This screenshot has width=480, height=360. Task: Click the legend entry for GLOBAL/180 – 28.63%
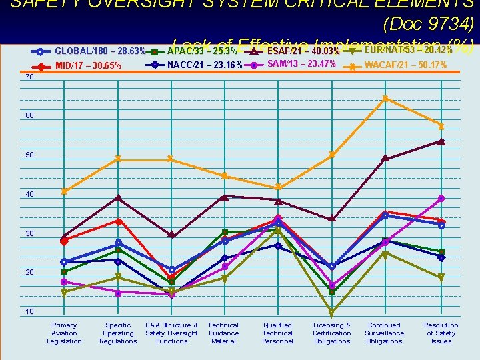point(100,51)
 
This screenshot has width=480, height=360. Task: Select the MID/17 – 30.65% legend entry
point(88,66)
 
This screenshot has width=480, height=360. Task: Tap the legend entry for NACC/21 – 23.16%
point(205,65)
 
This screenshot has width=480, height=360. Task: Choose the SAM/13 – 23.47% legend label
point(301,65)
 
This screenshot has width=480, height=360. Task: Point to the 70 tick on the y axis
point(29,77)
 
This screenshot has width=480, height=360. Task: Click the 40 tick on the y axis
point(29,195)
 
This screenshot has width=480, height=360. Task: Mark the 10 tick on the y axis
point(29,312)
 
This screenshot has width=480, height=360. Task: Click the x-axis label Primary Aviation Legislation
point(64,333)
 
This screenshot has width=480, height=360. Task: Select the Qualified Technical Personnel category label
point(277,333)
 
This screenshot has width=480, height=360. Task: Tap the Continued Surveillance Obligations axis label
point(385,333)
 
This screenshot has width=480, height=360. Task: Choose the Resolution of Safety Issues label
point(441,333)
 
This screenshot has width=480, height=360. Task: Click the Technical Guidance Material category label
point(223,333)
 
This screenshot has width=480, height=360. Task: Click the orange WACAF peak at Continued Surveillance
point(385,99)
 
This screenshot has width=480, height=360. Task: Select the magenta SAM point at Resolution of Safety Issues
point(441,199)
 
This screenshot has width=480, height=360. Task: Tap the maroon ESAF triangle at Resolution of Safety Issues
point(441,141)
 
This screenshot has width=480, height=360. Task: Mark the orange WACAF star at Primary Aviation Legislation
point(64,191)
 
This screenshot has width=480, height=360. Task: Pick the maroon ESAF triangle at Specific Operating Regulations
point(118,198)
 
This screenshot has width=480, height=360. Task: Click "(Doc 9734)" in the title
point(429,25)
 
